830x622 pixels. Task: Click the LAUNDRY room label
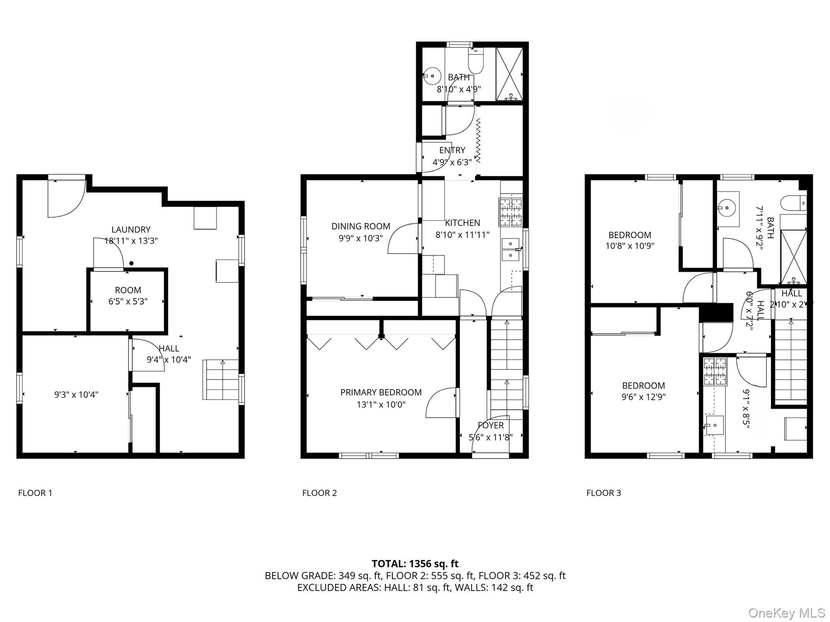(x=131, y=229)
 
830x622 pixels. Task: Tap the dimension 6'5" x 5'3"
(x=128, y=301)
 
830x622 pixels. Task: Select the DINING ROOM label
(x=361, y=226)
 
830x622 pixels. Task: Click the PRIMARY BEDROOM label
(x=381, y=392)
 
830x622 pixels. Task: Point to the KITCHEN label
(x=462, y=222)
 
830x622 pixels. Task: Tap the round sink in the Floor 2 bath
(x=433, y=76)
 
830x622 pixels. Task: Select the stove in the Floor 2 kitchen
(x=511, y=212)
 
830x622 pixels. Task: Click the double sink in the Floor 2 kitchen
(x=511, y=250)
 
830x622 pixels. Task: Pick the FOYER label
(x=490, y=425)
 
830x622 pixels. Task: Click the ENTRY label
(x=452, y=150)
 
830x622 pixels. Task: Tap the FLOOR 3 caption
(x=603, y=493)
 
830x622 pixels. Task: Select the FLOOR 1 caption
(x=35, y=493)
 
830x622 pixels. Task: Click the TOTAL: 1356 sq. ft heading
(x=415, y=564)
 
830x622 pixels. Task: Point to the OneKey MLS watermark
(x=786, y=613)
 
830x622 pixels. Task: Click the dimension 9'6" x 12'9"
(x=644, y=397)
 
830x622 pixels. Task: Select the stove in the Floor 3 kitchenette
(x=715, y=371)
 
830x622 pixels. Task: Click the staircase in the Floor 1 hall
(x=221, y=380)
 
